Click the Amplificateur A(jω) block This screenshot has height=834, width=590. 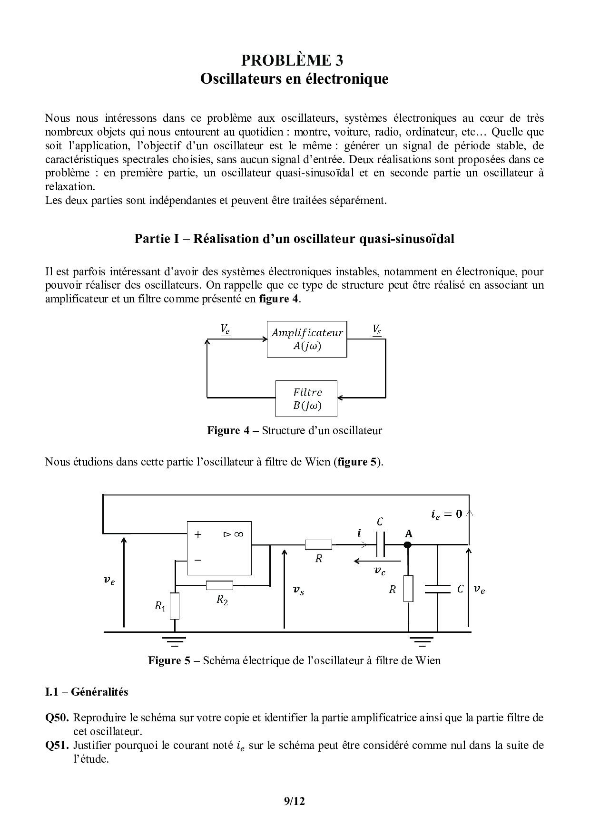pyautogui.click(x=307, y=339)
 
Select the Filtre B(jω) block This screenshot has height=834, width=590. pyautogui.click(x=307, y=398)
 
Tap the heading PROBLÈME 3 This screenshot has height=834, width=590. pyautogui.click(x=292, y=60)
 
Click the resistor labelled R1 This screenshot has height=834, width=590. pyautogui.click(x=175, y=606)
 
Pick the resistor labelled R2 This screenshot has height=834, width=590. pyautogui.click(x=219, y=585)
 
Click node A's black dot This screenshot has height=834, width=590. pyautogui.click(x=408, y=545)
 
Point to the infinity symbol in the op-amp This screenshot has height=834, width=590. pyautogui.click(x=238, y=534)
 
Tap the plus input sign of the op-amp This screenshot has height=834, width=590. pyautogui.click(x=198, y=534)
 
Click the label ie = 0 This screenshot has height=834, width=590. pyautogui.click(x=447, y=514)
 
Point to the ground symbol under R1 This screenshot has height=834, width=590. pyautogui.click(x=175, y=640)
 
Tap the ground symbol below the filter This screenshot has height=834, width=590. pyautogui.click(x=421, y=640)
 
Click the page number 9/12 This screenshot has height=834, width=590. pyautogui.click(x=294, y=801)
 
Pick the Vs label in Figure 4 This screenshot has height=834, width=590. pyautogui.click(x=377, y=329)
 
